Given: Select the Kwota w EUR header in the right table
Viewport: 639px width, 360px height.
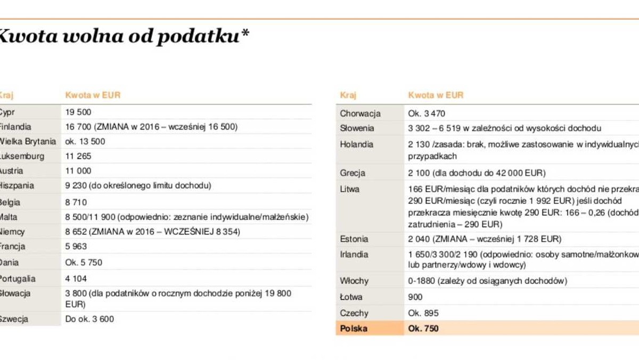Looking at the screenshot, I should [436, 95].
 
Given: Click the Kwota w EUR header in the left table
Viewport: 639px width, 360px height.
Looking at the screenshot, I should [93, 95].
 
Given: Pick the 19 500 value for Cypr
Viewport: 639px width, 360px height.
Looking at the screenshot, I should [78, 112].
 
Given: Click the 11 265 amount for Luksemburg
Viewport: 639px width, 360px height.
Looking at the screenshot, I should [78, 157].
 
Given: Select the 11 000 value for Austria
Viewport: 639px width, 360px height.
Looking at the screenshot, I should [78, 171].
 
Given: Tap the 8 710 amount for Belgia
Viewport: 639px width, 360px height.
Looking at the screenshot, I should [76, 202].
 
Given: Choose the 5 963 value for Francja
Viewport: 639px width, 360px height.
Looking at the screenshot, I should [76, 247].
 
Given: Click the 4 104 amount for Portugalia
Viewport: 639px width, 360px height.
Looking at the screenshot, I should [76, 279].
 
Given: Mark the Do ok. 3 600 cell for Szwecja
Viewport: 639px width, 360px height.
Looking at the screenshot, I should [89, 320].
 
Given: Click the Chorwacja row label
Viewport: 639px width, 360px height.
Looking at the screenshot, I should [360, 113].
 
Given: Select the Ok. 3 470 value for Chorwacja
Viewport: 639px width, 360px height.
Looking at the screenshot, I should [427, 113].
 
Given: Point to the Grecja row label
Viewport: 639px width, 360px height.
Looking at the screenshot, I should [353, 173].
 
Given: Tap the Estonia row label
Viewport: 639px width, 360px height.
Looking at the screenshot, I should [354, 240].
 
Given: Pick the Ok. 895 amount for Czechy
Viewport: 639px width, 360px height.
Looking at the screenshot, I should [423, 313].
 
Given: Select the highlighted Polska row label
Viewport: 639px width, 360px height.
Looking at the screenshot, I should [354, 329].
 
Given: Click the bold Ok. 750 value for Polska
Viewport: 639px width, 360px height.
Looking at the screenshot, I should [423, 329].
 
